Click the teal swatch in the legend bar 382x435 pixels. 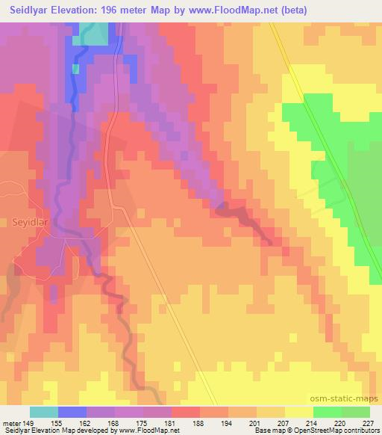pyautogui.click(x=45, y=412)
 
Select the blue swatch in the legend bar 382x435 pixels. pyautogui.click(x=73, y=412)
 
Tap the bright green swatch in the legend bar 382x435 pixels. pyautogui.click(x=328, y=412)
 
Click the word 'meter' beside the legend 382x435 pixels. pyautogui.click(x=11, y=422)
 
